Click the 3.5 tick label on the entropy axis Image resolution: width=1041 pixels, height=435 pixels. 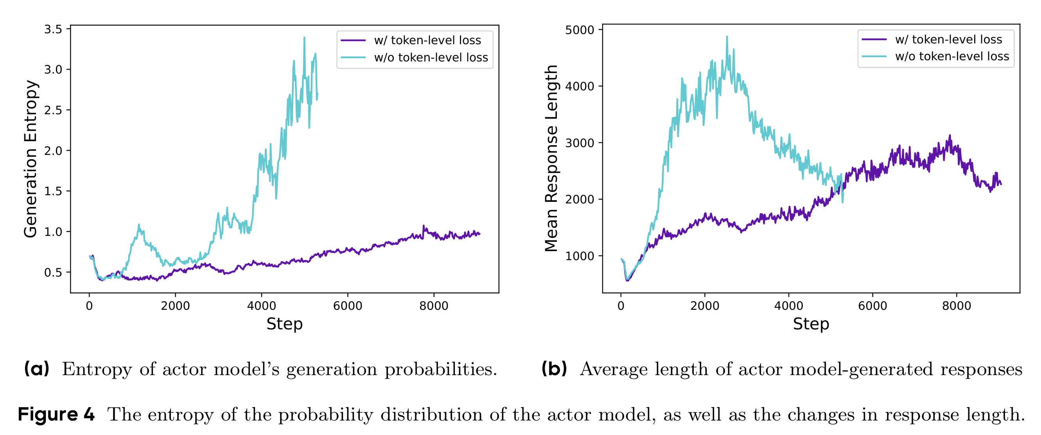53,29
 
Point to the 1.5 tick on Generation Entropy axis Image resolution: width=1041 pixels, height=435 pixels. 53,191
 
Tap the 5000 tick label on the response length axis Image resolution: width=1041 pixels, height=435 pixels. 580,30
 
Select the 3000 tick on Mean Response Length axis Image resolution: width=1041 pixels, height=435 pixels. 580,143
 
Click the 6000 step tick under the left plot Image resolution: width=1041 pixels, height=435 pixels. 348,306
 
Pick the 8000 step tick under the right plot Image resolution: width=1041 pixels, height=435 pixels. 957,306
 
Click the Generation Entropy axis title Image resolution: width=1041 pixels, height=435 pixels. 31,159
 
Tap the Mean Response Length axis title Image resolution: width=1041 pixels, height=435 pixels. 551,158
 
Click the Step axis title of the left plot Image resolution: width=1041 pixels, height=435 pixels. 285,324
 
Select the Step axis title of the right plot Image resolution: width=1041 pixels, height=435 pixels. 811,324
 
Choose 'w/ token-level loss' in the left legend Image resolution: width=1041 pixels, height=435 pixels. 427,40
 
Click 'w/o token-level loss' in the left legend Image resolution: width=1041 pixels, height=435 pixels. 431,58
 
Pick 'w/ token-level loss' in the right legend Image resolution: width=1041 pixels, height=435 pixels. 949,39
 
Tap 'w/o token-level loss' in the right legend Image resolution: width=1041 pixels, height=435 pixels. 953,56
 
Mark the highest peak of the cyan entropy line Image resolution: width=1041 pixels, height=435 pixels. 304,38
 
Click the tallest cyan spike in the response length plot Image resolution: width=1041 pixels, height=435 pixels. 727,36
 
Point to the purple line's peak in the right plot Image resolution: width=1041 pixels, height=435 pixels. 950,135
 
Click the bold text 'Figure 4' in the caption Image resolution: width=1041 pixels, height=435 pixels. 56,414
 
